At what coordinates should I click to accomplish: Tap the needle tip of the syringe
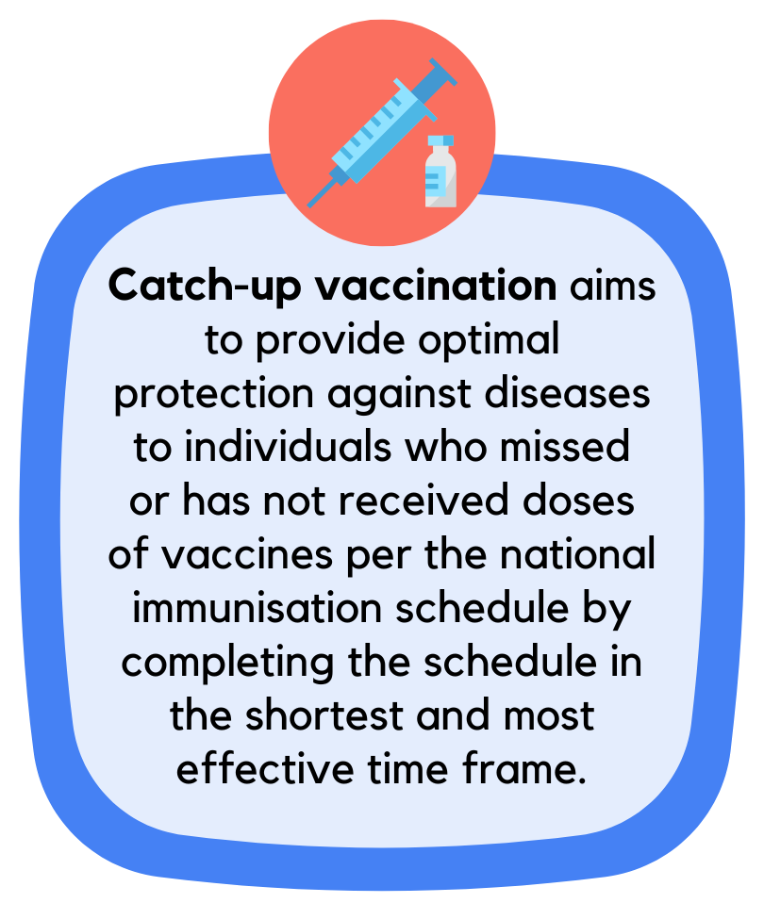(308, 205)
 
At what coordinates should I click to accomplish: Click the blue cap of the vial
(440, 140)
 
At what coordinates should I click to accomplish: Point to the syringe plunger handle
(442, 74)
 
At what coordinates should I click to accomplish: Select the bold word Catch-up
(205, 287)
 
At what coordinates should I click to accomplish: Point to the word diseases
(567, 393)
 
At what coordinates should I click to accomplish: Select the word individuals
(288, 447)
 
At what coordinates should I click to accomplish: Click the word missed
(565, 447)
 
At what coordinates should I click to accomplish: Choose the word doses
(578, 500)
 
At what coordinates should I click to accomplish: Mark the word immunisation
(257, 608)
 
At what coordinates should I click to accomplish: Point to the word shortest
(324, 715)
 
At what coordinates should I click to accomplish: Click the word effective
(265, 768)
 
